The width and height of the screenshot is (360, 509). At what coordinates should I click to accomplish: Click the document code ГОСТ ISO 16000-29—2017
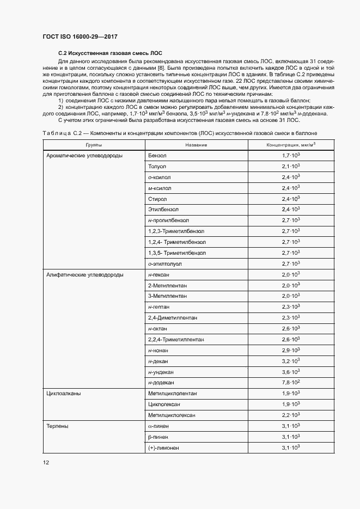pos(80,36)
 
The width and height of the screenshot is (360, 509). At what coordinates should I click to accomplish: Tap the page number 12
pos(46,463)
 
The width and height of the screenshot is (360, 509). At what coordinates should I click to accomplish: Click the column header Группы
pos(93,145)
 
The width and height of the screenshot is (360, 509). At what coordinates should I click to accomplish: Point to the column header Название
pos(196,145)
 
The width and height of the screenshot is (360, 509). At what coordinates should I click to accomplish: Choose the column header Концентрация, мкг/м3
pos(291,145)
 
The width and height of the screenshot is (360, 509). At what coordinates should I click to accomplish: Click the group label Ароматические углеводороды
pos(84,156)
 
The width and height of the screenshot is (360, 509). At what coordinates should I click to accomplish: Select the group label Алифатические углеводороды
pos(85,274)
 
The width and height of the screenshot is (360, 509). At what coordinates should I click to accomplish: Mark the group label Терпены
pos(58,426)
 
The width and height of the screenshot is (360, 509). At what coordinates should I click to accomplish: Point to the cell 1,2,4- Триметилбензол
pos(176,242)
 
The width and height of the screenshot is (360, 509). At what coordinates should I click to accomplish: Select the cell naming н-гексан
pos(158,274)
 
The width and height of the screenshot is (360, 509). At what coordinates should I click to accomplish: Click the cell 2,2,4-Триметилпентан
pos(175,339)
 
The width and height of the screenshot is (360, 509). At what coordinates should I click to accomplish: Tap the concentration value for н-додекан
pos(291,382)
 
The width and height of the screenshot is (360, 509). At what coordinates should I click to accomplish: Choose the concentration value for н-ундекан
pos(291,371)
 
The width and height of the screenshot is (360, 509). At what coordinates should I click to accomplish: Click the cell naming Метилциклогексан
pos(172,415)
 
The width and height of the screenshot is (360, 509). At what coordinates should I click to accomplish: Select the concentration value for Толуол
pos(291,166)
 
